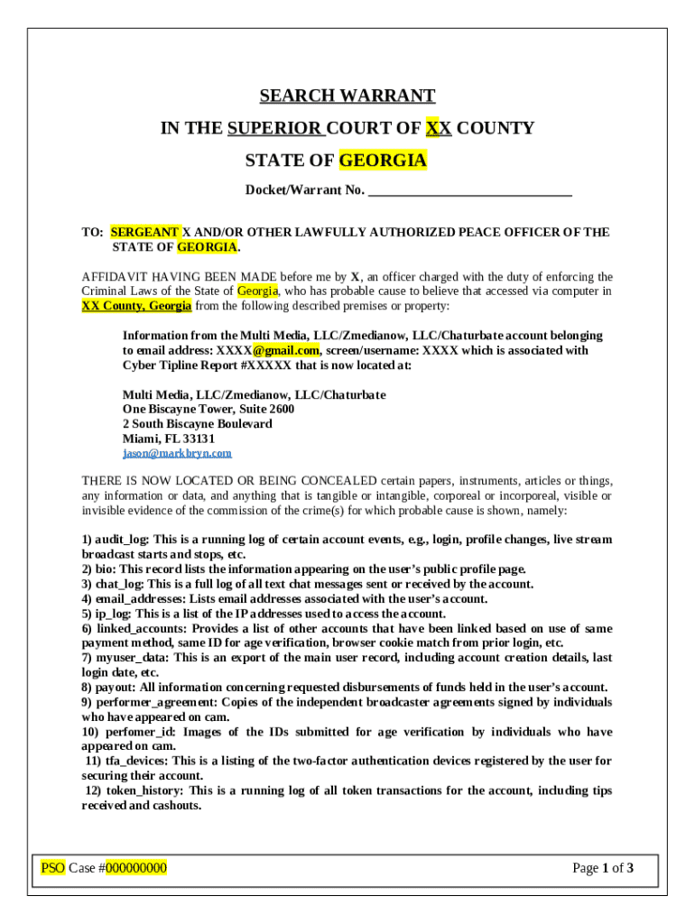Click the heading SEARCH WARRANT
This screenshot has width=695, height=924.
pyautogui.click(x=347, y=96)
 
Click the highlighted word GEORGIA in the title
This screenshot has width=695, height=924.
pyautogui.click(x=383, y=161)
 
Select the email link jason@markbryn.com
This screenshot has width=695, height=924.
pyautogui.click(x=177, y=453)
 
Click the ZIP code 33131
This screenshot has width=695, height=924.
pyautogui.click(x=197, y=439)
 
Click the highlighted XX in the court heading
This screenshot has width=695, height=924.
pyautogui.click(x=439, y=128)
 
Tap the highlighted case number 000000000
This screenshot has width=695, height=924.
pyautogui.click(x=135, y=868)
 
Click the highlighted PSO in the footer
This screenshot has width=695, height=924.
pyautogui.click(x=53, y=868)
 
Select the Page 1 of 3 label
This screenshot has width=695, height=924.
pyautogui.click(x=603, y=868)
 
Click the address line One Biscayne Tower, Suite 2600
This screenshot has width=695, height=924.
pyautogui.click(x=208, y=409)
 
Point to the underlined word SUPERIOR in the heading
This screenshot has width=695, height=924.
pyautogui.click(x=275, y=128)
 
